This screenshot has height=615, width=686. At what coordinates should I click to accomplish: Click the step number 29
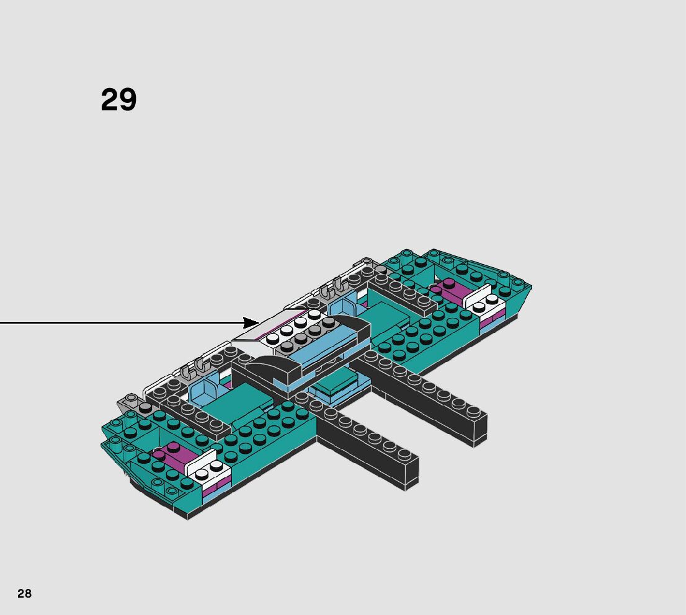[x=118, y=100]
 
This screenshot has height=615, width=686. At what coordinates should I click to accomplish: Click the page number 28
[x=24, y=593]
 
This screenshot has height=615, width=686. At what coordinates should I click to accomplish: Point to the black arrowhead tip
[x=259, y=322]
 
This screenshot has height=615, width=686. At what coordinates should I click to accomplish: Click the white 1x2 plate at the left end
[x=208, y=471]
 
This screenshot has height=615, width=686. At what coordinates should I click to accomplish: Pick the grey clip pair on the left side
[x=194, y=369]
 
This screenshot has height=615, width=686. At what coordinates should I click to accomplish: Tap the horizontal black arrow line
[x=124, y=322]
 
